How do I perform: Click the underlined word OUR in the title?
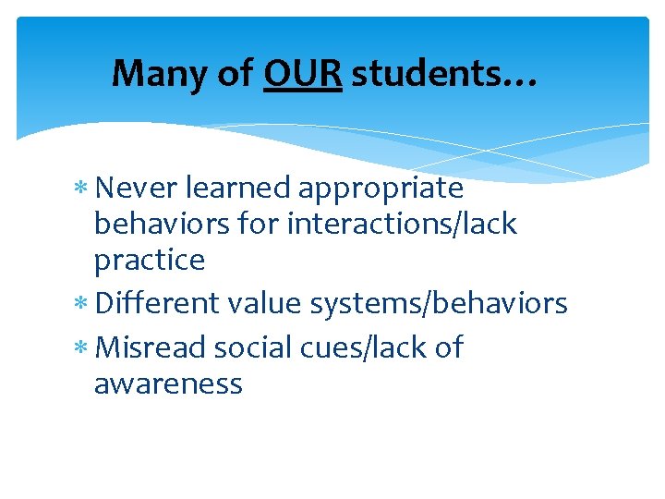click(x=303, y=73)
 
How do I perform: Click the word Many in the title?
click(x=159, y=73)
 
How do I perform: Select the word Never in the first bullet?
click(x=137, y=189)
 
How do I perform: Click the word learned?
click(x=238, y=189)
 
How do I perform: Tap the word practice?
click(x=149, y=261)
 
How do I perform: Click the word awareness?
click(x=168, y=383)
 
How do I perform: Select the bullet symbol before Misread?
click(x=84, y=349)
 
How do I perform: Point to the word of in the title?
click(x=236, y=73)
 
